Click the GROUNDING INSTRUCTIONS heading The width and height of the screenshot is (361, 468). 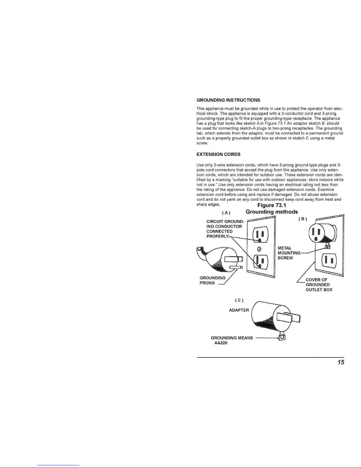pyautogui.click(x=228, y=100)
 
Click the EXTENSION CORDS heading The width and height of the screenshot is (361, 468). pyautogui.click(x=218, y=154)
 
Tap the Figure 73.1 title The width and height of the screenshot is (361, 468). pyautogui.click(x=272, y=205)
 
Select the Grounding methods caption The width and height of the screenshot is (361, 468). pyautogui.click(x=272, y=212)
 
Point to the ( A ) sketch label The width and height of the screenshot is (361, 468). pyautogui.click(x=226, y=213)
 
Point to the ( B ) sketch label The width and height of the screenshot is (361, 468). pyautogui.click(x=303, y=219)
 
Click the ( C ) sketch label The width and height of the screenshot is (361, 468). pyautogui.click(x=239, y=300)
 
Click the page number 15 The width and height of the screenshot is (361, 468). pyautogui.click(x=341, y=363)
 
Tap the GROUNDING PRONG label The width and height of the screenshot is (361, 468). pyautogui.click(x=212, y=281)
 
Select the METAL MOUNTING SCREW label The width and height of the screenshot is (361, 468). pyautogui.click(x=289, y=253)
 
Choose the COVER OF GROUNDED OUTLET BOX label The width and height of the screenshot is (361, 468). pyautogui.click(x=319, y=285)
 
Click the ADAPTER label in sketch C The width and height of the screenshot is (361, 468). pyautogui.click(x=239, y=310)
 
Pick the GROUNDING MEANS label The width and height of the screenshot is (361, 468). pyautogui.click(x=232, y=338)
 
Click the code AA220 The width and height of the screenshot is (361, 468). pyautogui.click(x=221, y=343)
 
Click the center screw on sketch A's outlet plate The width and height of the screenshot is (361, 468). pyautogui.click(x=259, y=249)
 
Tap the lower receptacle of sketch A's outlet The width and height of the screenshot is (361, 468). pyautogui.click(x=261, y=262)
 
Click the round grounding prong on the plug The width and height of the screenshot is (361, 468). pyautogui.click(x=236, y=267)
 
